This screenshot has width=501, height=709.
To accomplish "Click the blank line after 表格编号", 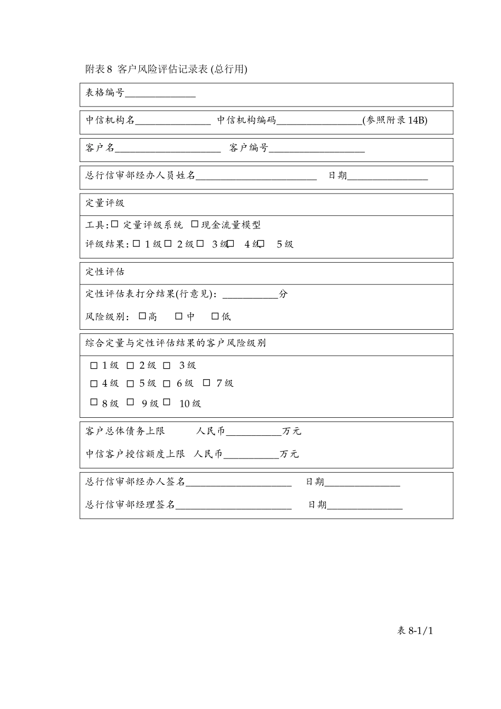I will [x=160, y=94].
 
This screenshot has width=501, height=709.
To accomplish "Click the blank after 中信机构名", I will [x=173, y=121].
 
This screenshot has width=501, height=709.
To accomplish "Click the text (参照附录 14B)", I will [x=395, y=120].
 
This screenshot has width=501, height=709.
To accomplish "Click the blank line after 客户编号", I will [x=316, y=149].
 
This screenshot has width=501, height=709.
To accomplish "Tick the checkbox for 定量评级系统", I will [x=115, y=224].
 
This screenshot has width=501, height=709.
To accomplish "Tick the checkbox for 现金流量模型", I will [x=195, y=224].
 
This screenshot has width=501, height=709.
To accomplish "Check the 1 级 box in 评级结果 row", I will [x=137, y=244].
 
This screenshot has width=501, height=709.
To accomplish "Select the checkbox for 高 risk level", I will [x=142, y=316].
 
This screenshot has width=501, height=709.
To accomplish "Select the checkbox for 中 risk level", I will [x=179, y=316].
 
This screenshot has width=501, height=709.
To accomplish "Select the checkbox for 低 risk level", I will [x=215, y=316].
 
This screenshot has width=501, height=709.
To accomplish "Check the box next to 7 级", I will [x=207, y=382].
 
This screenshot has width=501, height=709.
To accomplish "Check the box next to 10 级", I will [x=167, y=402].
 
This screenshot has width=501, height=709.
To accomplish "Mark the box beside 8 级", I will [x=94, y=402].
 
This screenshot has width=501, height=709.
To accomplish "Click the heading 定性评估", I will [x=105, y=272].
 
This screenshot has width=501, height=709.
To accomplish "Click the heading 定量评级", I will [x=105, y=203].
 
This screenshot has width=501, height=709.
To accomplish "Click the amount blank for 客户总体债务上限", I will [x=254, y=433].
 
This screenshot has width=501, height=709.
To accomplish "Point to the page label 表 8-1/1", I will [x=415, y=630].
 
